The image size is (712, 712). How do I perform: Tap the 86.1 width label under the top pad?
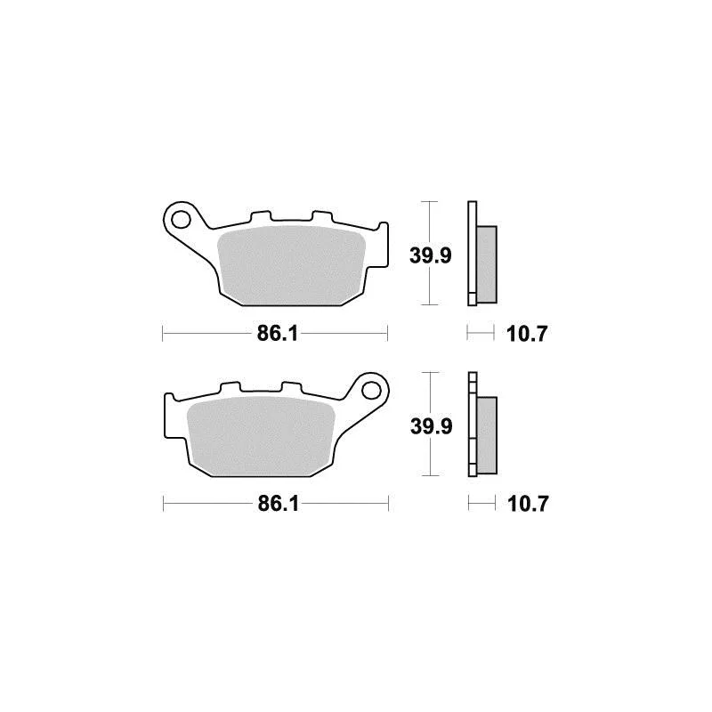[x=278, y=334]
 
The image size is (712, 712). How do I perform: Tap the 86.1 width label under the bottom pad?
[x=279, y=504]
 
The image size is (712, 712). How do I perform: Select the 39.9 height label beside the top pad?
[x=431, y=255]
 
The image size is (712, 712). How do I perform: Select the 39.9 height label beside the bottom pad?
[x=432, y=426]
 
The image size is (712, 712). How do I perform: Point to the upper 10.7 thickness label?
[x=527, y=334]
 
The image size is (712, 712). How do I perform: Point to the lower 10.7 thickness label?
[x=528, y=504]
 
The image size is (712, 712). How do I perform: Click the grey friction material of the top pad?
[x=292, y=265]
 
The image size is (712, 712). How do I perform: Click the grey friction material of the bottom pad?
[x=261, y=436]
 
